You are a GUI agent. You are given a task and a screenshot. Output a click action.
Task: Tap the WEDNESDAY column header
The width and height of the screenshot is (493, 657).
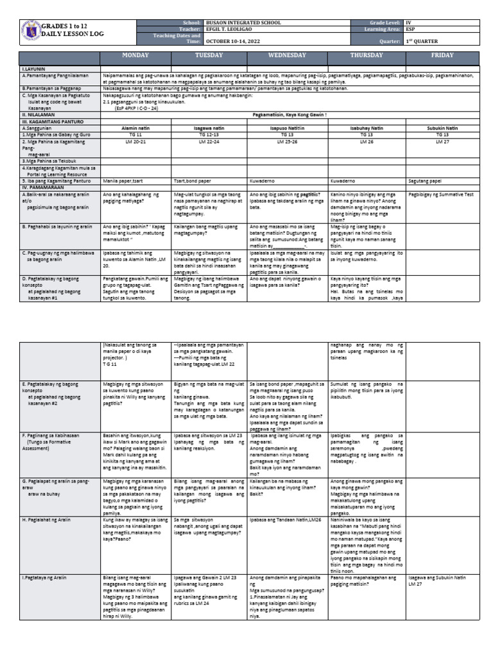tap(287, 56)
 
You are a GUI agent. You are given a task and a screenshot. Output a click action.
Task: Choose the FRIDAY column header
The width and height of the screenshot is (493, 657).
tap(442, 56)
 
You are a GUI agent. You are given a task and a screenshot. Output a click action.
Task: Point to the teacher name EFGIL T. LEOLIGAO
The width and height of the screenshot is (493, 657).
tap(232, 30)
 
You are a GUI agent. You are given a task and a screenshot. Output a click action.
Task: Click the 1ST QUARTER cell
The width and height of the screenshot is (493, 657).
tap(418, 41)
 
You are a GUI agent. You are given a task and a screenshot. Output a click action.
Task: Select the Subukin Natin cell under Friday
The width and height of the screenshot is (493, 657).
tap(442, 128)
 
